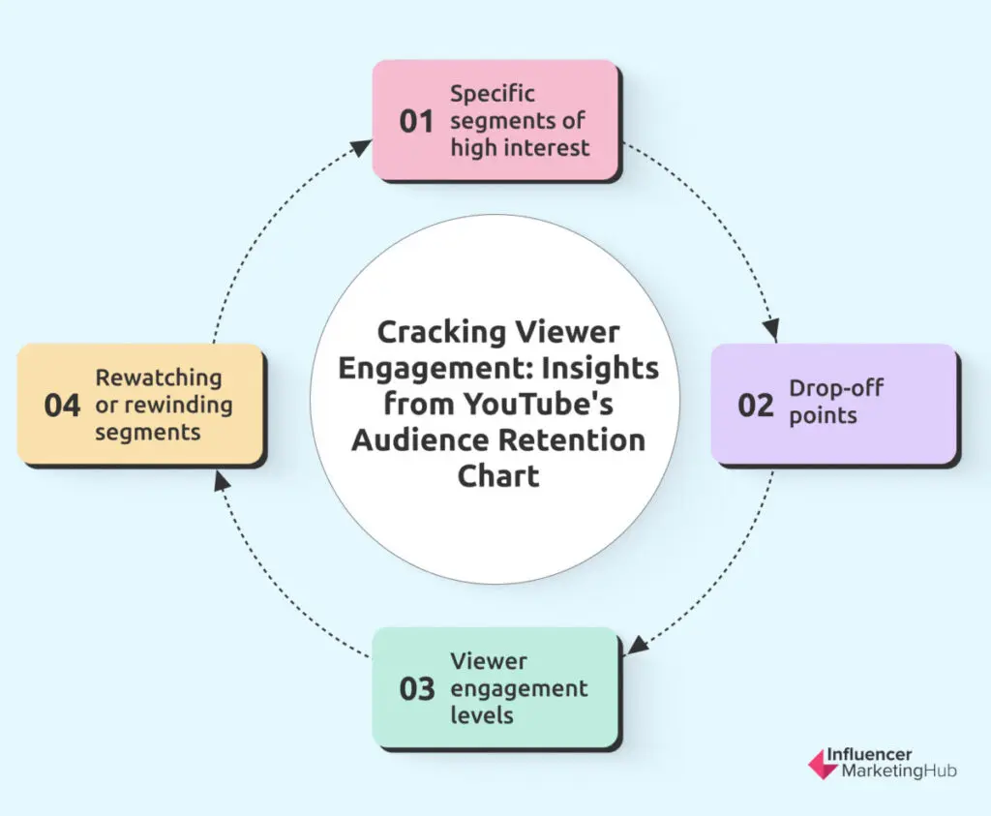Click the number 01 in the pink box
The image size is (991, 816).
click(416, 122)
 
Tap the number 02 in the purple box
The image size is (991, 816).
click(756, 404)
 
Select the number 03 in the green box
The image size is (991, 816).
click(417, 689)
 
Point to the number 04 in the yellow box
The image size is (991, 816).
click(62, 405)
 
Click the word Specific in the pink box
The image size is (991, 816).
click(493, 95)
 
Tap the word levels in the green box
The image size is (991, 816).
click(482, 716)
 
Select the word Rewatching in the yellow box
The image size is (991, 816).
click(158, 378)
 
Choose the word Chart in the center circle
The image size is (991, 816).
click(498, 476)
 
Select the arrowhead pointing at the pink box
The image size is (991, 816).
click(360, 147)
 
